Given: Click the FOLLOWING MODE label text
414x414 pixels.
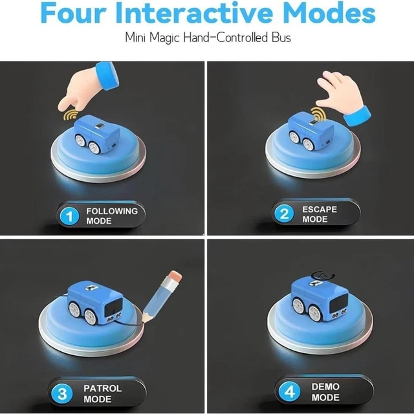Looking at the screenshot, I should click(111, 215).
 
